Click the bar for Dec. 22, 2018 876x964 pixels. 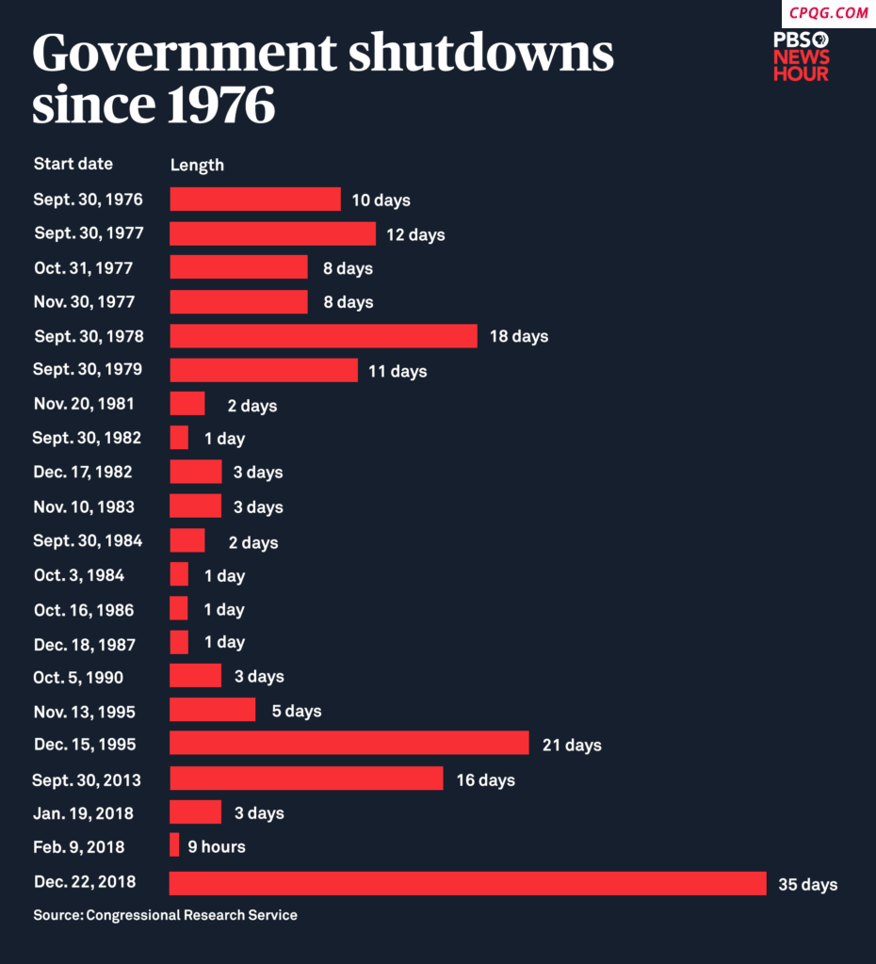467,883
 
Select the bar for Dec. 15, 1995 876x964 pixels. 349,744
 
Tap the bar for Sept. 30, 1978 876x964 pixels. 323,336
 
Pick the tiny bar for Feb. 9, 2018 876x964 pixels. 174,845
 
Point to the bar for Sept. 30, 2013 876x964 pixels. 306,779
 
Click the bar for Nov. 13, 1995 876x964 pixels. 212,710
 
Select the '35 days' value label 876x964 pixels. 807,885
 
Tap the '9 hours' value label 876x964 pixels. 217,847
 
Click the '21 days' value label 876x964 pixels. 572,746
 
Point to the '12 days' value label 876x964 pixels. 415,234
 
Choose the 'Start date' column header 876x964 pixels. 73,164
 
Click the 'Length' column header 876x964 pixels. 197,165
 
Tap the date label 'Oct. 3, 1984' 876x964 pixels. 79,575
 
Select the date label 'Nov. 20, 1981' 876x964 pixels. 84,404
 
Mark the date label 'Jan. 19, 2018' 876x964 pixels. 83,812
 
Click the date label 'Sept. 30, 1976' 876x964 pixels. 89,200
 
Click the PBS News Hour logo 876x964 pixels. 802,56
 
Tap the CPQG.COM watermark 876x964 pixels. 828,13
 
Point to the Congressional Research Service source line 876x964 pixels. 165,915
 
